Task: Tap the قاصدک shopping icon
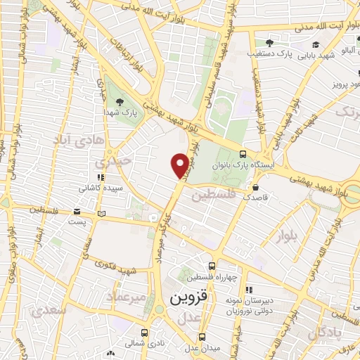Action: tap(255, 188)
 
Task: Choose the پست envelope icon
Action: tap(103, 213)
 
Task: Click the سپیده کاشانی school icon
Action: tap(100, 178)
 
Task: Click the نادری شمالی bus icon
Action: tap(144, 333)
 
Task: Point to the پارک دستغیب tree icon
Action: tap(269, 43)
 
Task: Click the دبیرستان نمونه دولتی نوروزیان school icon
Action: tap(248, 289)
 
